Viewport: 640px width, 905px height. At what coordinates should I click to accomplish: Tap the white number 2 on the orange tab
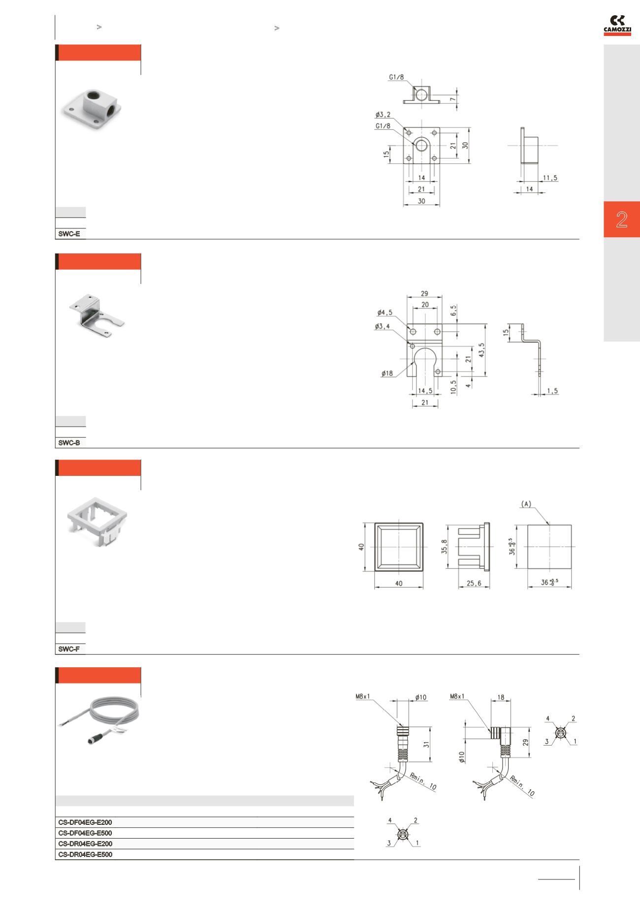point(622,219)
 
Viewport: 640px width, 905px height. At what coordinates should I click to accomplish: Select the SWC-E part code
point(69,234)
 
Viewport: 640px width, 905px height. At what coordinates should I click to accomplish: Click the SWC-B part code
point(69,442)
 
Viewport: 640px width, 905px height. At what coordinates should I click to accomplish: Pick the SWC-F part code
point(69,649)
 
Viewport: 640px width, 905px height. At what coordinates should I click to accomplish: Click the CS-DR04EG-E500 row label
point(85,855)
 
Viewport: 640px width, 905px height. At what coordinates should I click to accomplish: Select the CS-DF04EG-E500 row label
point(85,833)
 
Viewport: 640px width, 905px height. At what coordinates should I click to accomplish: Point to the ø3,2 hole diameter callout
point(383,115)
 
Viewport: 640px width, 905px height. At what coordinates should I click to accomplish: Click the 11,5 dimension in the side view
point(550,178)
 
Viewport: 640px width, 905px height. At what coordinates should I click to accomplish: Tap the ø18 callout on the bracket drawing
point(387,374)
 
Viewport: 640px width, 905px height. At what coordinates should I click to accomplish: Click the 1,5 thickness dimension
point(552,391)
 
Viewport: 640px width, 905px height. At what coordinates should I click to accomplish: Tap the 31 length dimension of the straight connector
point(427,745)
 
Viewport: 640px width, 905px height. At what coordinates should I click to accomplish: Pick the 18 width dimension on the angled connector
point(501,697)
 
